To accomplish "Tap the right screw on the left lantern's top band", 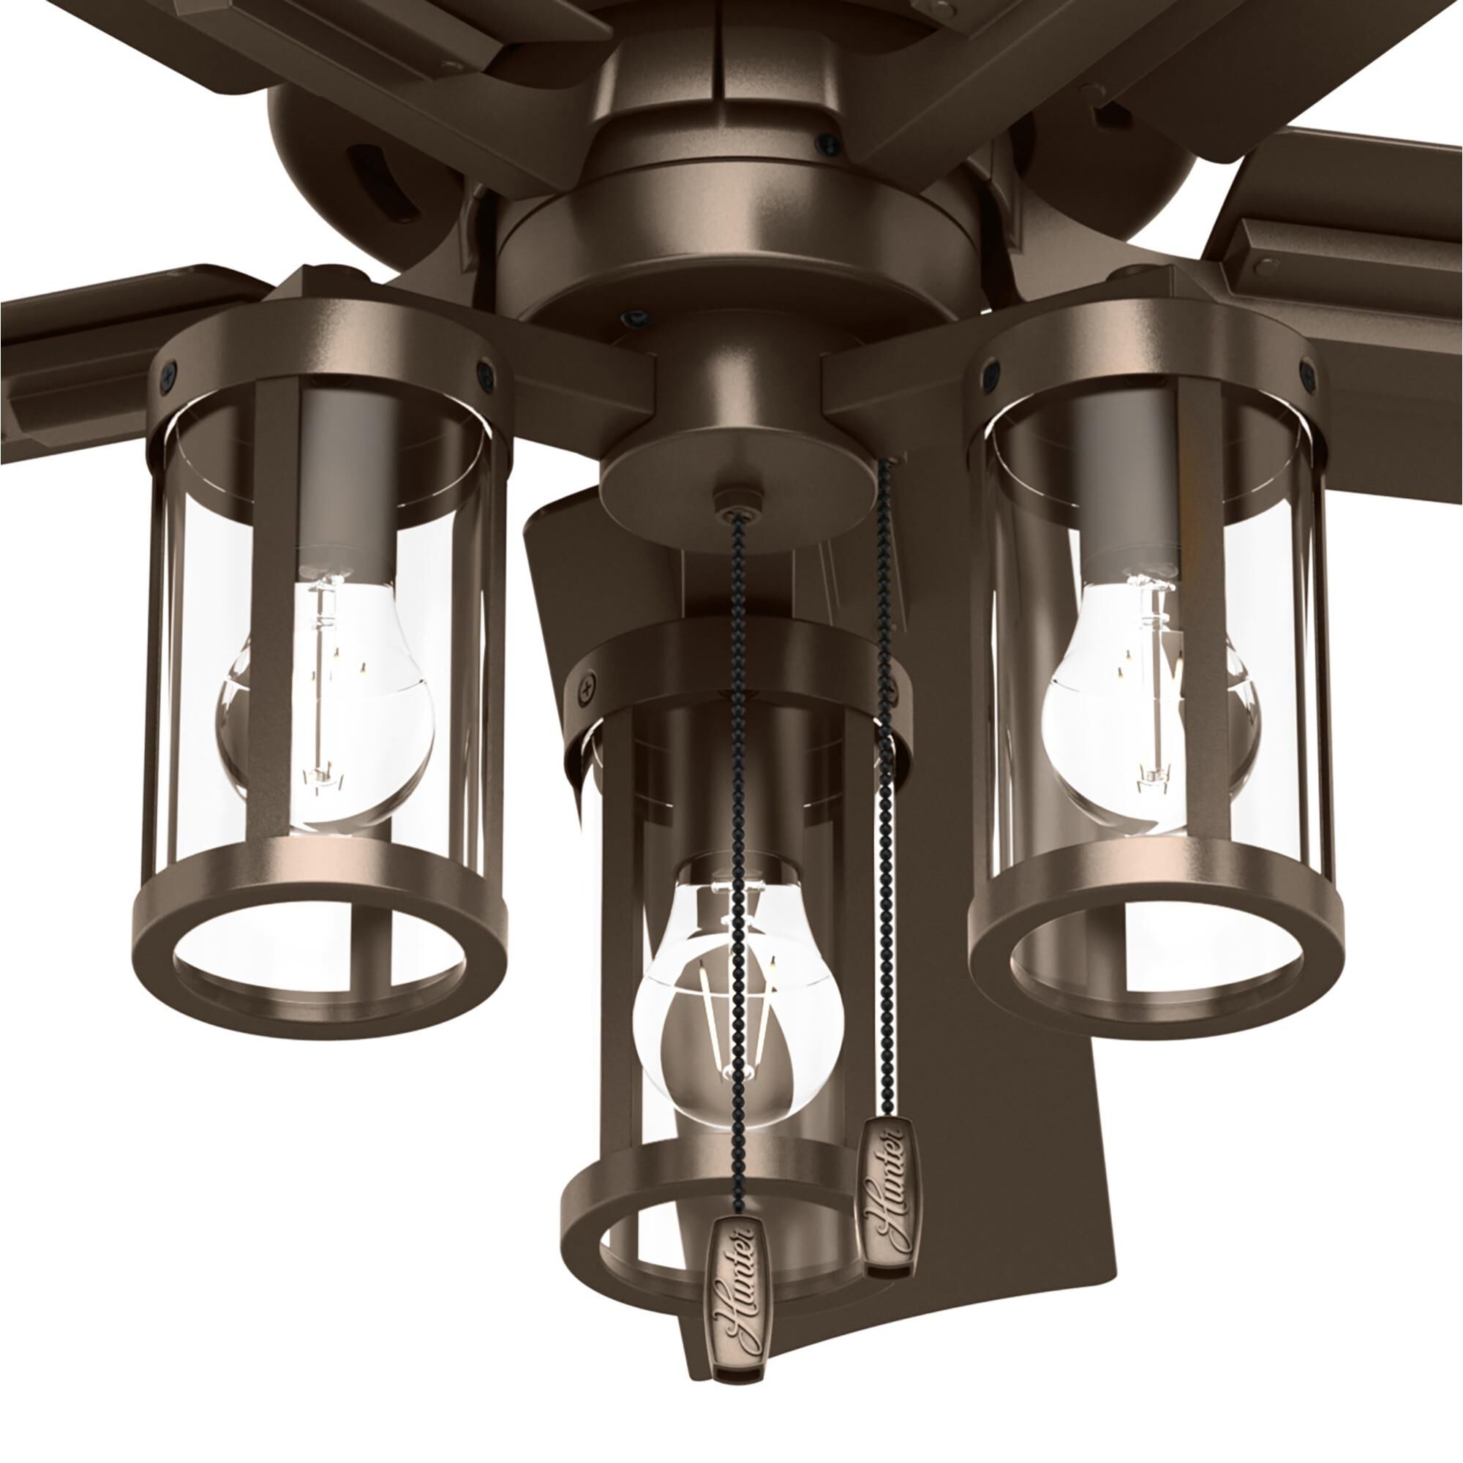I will click(483, 370).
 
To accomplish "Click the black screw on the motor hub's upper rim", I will click(830, 140).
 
